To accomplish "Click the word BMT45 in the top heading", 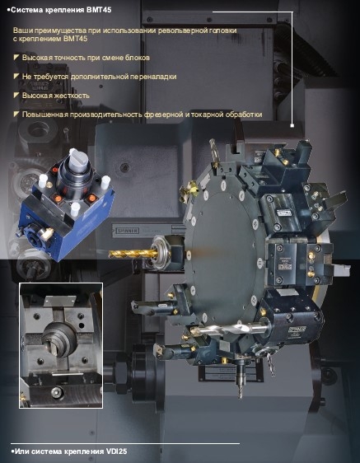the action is tap(99, 10).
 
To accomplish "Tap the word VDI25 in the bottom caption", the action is tap(116, 451).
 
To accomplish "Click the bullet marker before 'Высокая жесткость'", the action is tap(16, 95).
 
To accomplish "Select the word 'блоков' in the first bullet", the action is tap(138, 58).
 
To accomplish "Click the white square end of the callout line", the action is tap(292, 125).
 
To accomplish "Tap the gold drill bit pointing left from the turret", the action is tap(132, 254).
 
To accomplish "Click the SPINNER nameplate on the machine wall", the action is tap(127, 231).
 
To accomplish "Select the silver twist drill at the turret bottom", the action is tap(231, 329).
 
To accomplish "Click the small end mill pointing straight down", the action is tap(240, 385).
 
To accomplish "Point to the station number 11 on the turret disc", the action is tap(259, 262).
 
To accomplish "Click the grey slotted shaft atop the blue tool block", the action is tap(78, 161).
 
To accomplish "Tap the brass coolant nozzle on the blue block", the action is tap(47, 234).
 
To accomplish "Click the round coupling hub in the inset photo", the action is tap(59, 339).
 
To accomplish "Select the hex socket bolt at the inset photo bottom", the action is tap(57, 392).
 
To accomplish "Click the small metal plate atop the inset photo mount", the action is tap(59, 301).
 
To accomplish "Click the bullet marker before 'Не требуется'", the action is tap(16, 76).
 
